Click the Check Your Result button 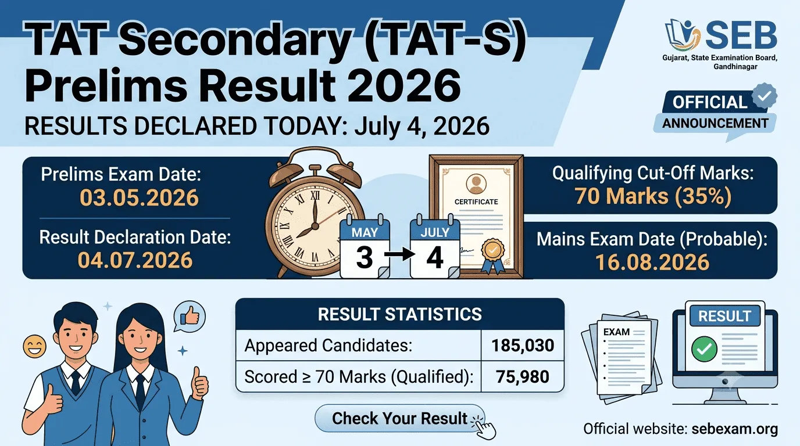[399, 418]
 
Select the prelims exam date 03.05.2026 [139, 197]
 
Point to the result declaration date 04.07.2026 [135, 260]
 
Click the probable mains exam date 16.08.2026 [652, 262]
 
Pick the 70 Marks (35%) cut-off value [653, 196]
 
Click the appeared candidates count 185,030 [523, 346]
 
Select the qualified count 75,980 [523, 377]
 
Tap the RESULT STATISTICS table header [399, 314]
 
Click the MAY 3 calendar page [365, 247]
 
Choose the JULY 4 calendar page [435, 247]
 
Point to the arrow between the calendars [399, 254]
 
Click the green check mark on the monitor [704, 349]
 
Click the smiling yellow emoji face [35, 347]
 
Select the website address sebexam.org [735, 429]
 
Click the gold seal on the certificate [493, 250]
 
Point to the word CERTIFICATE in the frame [476, 202]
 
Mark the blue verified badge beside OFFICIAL [765, 96]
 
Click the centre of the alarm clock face [315, 226]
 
